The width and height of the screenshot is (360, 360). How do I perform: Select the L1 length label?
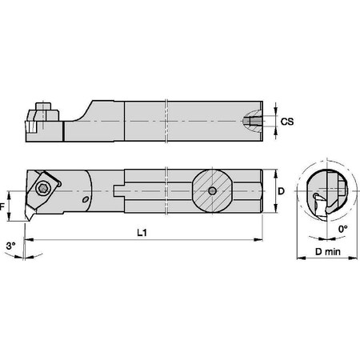click(x=142, y=232)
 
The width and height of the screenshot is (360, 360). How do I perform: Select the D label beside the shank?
click(x=281, y=192)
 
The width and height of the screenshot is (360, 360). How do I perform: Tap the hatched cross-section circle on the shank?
click(x=211, y=190)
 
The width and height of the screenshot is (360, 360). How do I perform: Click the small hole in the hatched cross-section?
click(x=211, y=190)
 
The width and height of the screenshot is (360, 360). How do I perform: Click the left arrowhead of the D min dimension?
click(x=298, y=259)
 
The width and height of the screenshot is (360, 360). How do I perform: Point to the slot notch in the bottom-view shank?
click(x=121, y=190)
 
